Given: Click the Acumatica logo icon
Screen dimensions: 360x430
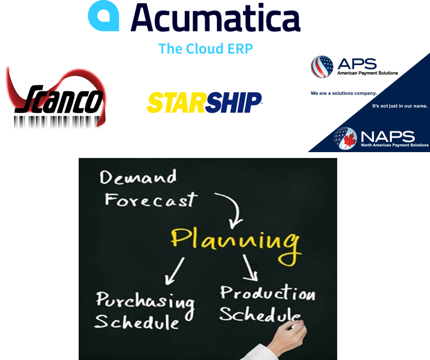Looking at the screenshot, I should (x=103, y=17).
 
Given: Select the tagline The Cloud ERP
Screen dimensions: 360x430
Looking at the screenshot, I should (x=206, y=48).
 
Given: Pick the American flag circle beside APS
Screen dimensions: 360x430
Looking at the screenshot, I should (x=322, y=67).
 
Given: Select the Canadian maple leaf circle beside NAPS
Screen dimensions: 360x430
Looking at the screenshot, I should (x=345, y=138).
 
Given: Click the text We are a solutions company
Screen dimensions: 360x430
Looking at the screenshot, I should (x=344, y=93).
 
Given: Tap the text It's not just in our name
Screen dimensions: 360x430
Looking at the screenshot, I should (x=400, y=106).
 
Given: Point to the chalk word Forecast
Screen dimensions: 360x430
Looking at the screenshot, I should (x=151, y=200).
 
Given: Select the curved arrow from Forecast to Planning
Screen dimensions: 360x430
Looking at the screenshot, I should (x=233, y=208).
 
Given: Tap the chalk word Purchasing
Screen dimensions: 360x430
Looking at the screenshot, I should (x=145, y=300).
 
